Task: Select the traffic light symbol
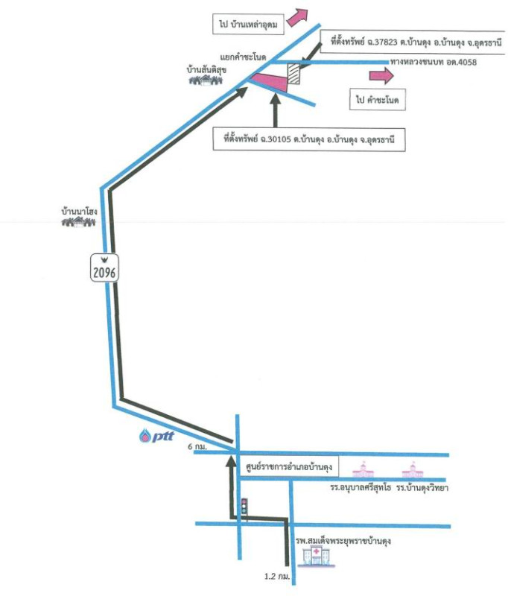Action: pyautogui.click(x=244, y=507)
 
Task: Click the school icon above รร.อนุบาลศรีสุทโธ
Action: pyautogui.click(x=362, y=471)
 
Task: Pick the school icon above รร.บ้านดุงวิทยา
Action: pyautogui.click(x=412, y=471)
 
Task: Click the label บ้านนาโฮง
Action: pyautogui.click(x=80, y=212)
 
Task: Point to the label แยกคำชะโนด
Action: pyautogui.click(x=244, y=56)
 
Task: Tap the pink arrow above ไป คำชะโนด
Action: pyautogui.click(x=381, y=75)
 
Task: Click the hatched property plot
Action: pyautogui.click(x=296, y=75)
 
